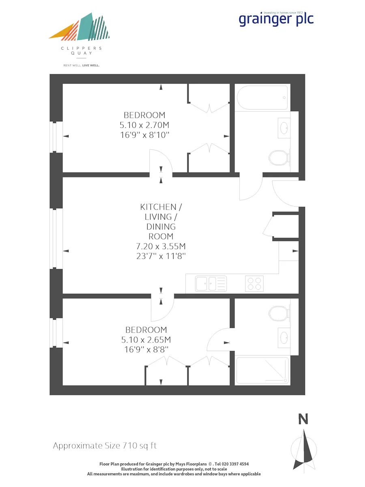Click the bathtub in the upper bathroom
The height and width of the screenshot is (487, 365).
pos(262,98)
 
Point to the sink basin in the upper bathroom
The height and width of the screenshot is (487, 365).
pos(284,128)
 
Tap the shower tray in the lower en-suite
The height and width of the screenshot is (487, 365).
pos(263,370)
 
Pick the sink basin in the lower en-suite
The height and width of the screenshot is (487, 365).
pos(284,338)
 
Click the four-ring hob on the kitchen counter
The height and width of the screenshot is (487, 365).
pos(254,284)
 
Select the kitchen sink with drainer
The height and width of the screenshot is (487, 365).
pos(211,284)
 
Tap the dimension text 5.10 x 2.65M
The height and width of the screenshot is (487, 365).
pos(146,340)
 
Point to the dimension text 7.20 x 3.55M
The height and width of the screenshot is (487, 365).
pos(161,246)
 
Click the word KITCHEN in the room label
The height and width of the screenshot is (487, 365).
pos(158,207)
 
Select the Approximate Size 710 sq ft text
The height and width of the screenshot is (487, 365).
pos(105,445)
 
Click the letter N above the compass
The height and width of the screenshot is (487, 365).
pos(303,419)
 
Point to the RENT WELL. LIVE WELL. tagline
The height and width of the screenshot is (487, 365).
pos(82,65)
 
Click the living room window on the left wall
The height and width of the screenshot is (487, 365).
pos(56,238)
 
